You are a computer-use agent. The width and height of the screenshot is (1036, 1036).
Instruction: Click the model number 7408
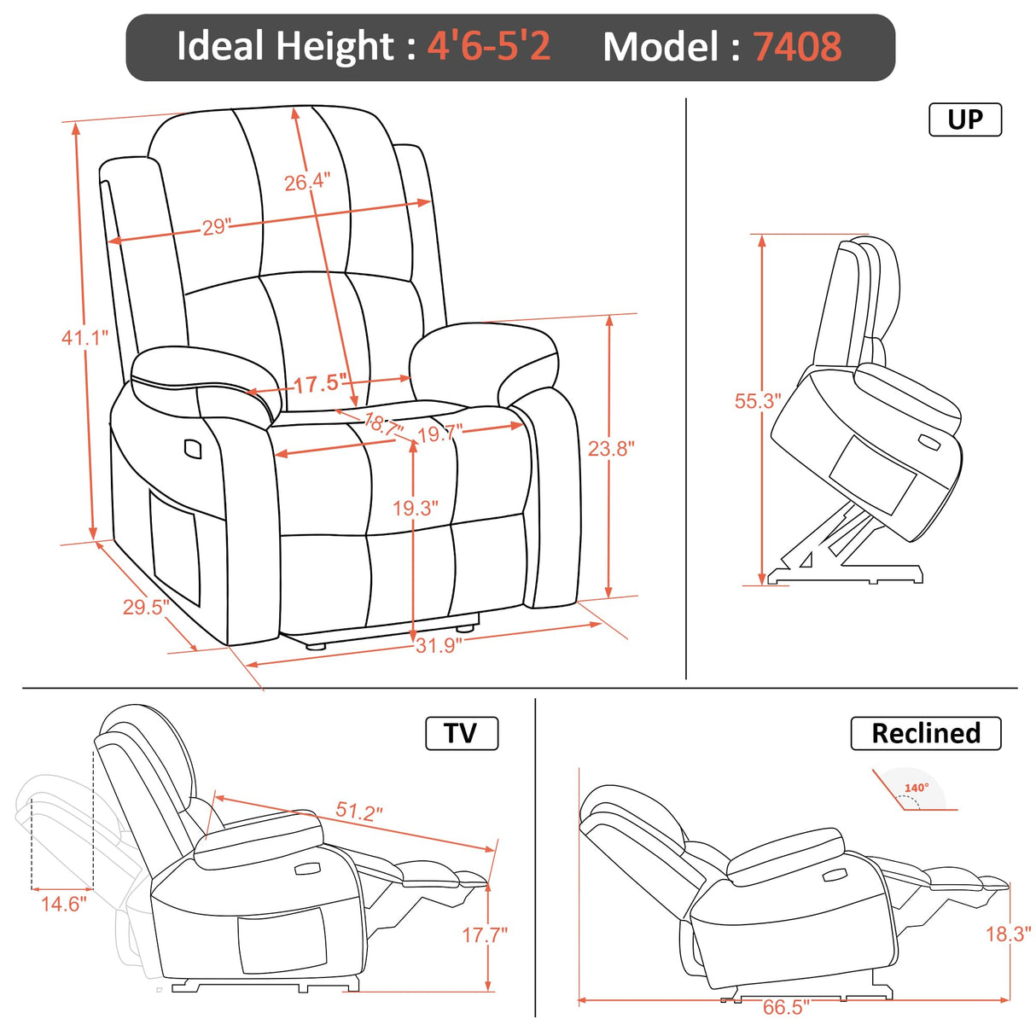797,47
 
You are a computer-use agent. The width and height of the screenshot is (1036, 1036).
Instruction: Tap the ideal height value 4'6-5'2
489,46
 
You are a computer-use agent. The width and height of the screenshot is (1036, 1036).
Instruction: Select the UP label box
964,119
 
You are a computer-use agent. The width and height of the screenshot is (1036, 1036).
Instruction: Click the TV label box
461,733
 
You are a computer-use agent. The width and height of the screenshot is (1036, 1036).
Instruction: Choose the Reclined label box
925,733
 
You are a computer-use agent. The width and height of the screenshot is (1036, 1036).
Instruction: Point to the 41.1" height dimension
84,338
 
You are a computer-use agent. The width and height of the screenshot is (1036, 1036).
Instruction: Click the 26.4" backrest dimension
306,182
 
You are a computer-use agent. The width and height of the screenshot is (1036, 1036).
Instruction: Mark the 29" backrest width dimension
217,227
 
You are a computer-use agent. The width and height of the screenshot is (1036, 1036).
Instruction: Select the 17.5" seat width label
320,384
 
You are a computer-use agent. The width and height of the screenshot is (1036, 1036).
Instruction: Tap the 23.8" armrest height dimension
611,448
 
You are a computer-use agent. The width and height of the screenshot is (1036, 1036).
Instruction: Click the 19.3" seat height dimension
415,509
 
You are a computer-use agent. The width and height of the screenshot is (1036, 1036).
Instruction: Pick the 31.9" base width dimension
439,645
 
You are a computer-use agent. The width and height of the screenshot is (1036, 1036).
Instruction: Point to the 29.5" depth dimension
145,607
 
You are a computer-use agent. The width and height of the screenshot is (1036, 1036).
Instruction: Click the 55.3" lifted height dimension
757,401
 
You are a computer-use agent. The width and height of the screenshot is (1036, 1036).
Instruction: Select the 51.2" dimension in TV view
358,811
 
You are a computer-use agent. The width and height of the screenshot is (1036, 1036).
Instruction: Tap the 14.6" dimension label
64,904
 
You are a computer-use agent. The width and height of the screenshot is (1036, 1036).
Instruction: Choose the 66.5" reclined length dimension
785,1007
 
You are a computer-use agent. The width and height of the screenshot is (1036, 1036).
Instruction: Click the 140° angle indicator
916,789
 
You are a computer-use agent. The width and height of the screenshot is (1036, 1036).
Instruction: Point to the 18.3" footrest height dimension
1008,934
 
